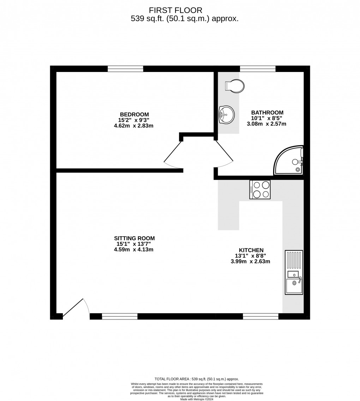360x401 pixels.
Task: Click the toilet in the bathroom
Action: (x=235, y=86)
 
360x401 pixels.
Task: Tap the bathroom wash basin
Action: (x=226, y=115)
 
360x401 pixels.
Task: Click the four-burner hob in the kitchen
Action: (x=260, y=189)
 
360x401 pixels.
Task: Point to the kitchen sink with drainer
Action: (x=294, y=272)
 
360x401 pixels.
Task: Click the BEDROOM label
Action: (x=134, y=115)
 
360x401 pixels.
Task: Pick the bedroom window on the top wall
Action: (x=125, y=69)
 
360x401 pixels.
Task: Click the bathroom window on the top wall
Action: (x=258, y=69)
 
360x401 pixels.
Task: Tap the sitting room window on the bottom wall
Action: (x=120, y=316)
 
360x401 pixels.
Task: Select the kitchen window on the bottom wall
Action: (x=260, y=316)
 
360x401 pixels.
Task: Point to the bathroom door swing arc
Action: (x=224, y=155)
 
